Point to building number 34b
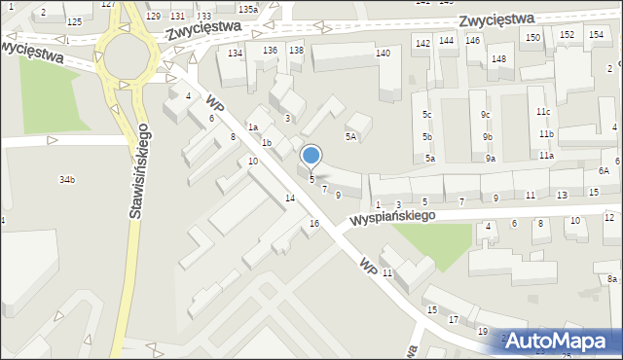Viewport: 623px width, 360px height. pyautogui.click(x=67, y=180)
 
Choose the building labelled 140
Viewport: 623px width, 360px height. pyautogui.click(x=384, y=53)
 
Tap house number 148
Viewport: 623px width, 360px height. pyautogui.click(x=498, y=59)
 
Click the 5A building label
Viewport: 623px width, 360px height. pyautogui.click(x=349, y=137)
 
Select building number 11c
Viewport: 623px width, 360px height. pyautogui.click(x=542, y=112)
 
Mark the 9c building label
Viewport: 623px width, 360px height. pyautogui.click(x=486, y=114)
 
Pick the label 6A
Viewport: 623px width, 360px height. pyautogui.click(x=604, y=170)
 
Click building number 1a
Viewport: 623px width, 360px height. pyautogui.click(x=252, y=127)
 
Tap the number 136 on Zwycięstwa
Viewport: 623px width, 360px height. pyautogui.click(x=270, y=50)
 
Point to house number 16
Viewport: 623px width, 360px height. pyautogui.click(x=313, y=224)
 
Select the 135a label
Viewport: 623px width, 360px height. pyautogui.click(x=247, y=9)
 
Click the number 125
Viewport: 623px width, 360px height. pyautogui.click(x=74, y=20)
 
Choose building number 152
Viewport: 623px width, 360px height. pyautogui.click(x=566, y=35)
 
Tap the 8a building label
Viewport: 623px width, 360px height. pyautogui.click(x=610, y=279)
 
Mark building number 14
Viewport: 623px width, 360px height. pyautogui.click(x=289, y=198)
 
